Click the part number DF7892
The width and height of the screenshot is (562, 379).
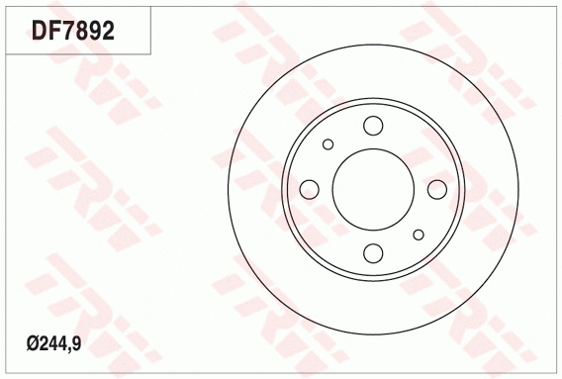[74, 31]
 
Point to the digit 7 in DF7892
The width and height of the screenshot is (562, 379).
[69, 31]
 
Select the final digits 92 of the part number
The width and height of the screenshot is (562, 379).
[100, 31]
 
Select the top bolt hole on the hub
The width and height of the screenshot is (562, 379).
[372, 126]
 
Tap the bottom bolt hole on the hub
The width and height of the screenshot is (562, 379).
[372, 252]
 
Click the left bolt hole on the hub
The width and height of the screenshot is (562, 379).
[309, 189]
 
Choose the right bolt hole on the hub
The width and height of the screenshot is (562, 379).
[435, 189]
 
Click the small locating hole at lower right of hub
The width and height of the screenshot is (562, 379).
[418, 235]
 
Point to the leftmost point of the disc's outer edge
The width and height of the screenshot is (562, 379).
[228, 189]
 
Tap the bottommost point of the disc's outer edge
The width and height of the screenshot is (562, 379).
[372, 333]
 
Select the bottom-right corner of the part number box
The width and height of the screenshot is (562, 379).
[151, 53]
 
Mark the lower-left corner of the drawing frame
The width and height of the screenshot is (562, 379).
[2, 376]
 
